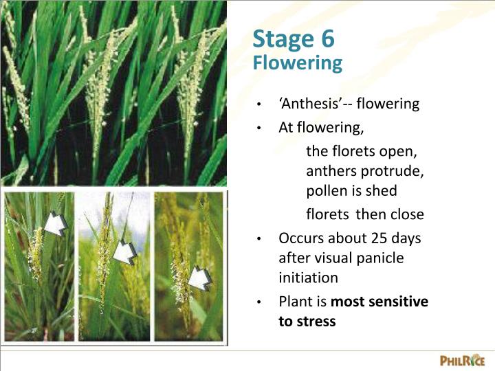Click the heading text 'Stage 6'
[294, 39]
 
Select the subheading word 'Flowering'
[297, 63]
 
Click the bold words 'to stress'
[307, 321]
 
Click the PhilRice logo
[462, 360]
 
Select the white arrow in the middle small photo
[124, 252]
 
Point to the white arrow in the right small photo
[200, 277]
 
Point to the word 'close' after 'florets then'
[407, 214]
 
